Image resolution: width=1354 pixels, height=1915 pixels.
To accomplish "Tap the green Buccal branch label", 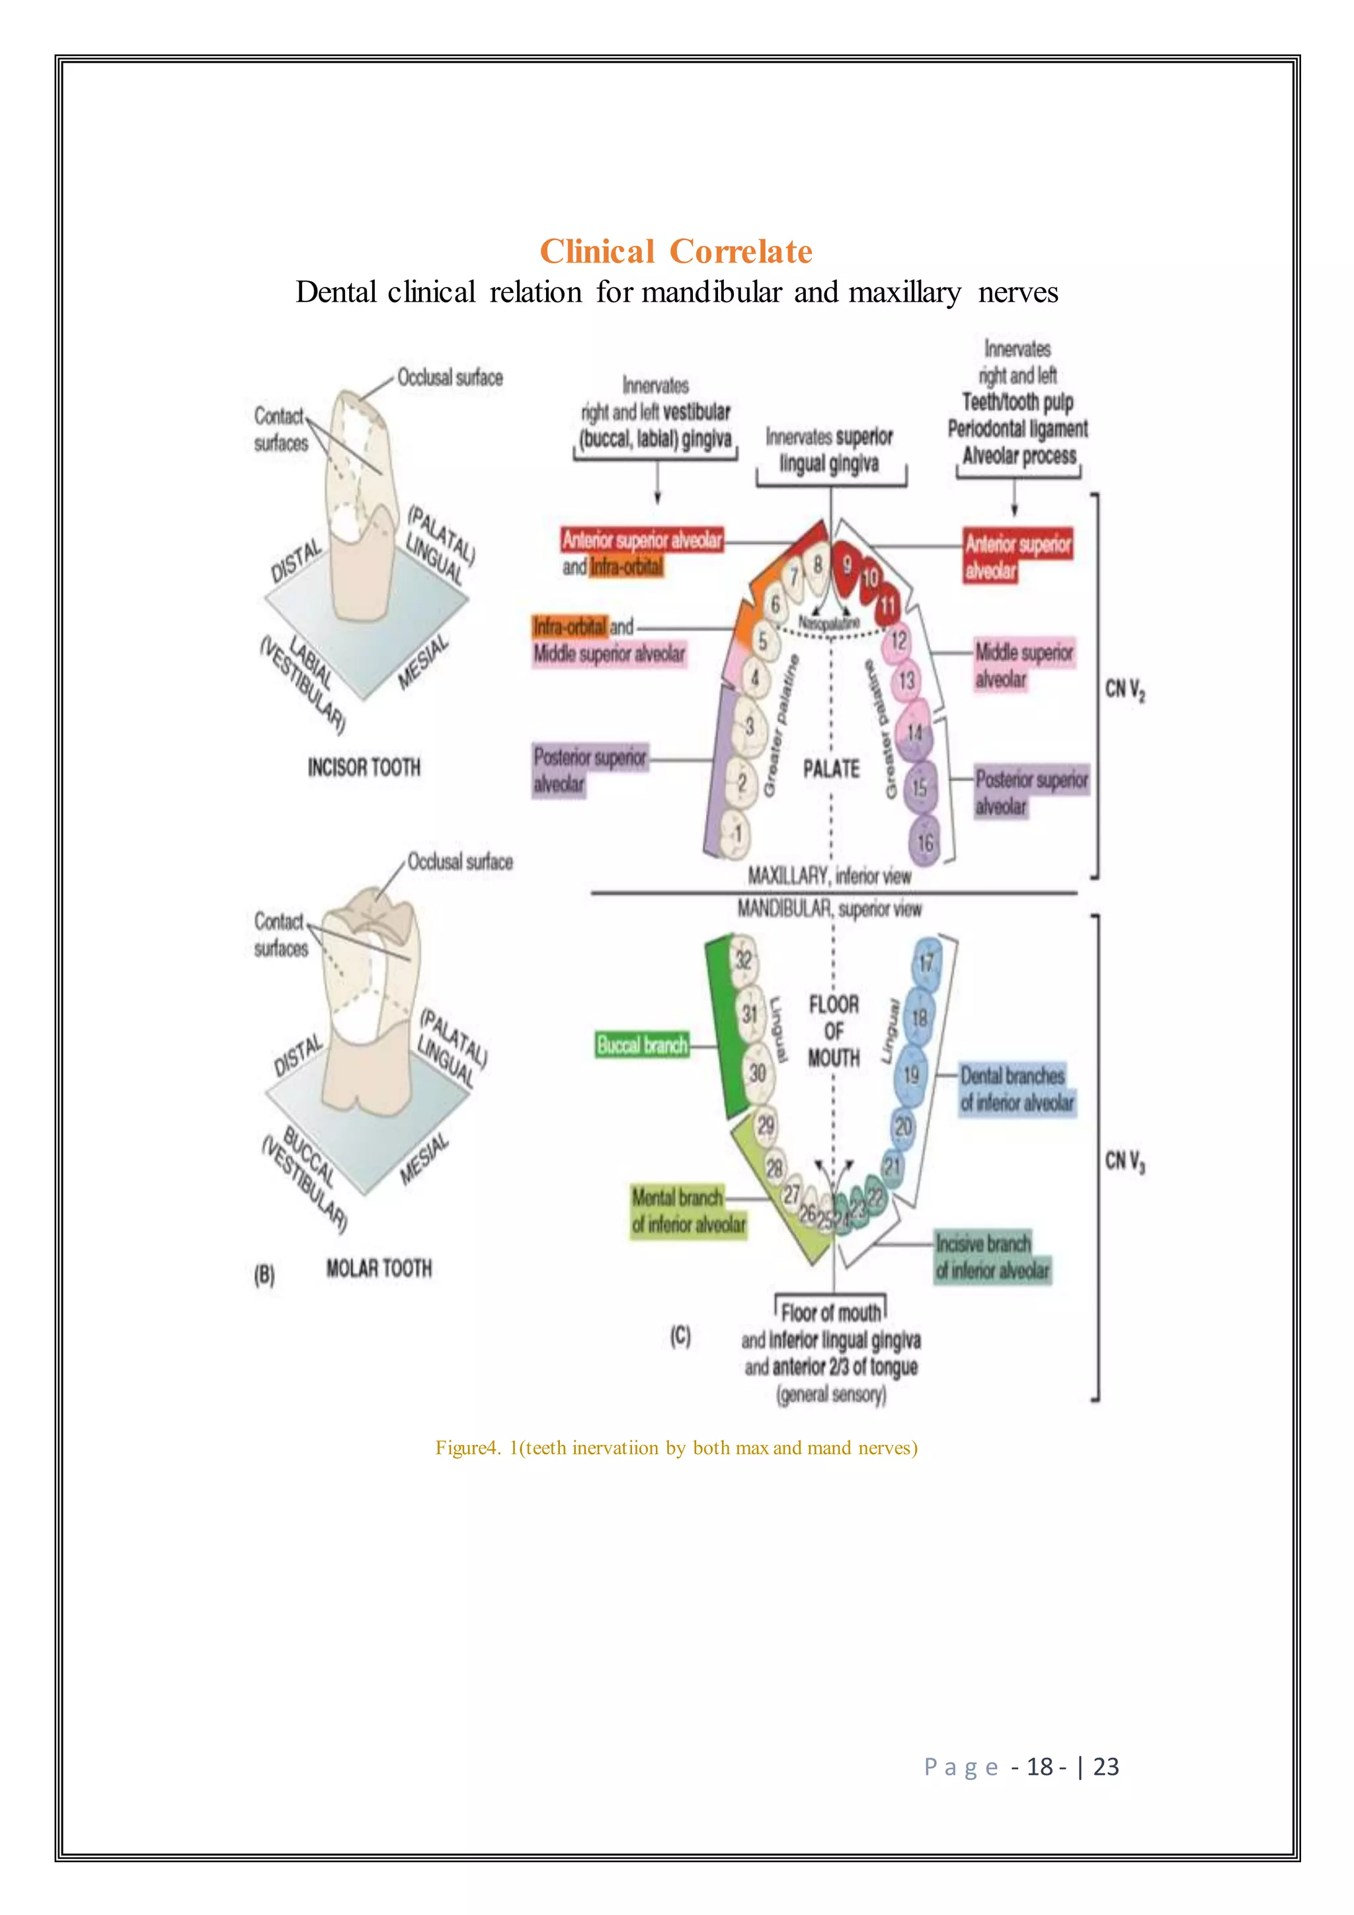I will click(x=641, y=1045).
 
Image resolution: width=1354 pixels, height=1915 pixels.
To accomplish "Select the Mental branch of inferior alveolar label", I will click(x=688, y=1211).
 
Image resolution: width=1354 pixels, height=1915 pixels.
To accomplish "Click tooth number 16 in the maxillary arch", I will click(x=925, y=843).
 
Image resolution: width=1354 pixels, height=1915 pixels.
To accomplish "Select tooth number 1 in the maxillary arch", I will click(x=737, y=833).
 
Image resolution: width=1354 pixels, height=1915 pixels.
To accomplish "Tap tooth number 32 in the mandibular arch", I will click(x=743, y=960).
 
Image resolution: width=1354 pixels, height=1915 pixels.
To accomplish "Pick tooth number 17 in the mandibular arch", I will click(x=926, y=964).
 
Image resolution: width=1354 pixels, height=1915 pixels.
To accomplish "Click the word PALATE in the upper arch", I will click(x=830, y=769).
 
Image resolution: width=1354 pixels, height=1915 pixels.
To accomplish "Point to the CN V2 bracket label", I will click(x=1125, y=690).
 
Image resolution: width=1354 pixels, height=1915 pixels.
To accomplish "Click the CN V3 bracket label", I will click(x=1125, y=1161).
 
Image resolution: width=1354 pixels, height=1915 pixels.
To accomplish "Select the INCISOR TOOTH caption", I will click(x=364, y=767).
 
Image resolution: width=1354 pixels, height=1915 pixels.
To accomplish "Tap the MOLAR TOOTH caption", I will click(x=379, y=1268).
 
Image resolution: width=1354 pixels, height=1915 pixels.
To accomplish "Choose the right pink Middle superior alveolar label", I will click(x=1024, y=666).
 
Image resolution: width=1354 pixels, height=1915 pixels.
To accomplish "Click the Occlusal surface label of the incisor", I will click(x=450, y=378).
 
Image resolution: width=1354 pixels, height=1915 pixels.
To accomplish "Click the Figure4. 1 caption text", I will click(x=676, y=1448).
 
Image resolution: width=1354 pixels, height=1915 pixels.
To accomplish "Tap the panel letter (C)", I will click(x=680, y=1336).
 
